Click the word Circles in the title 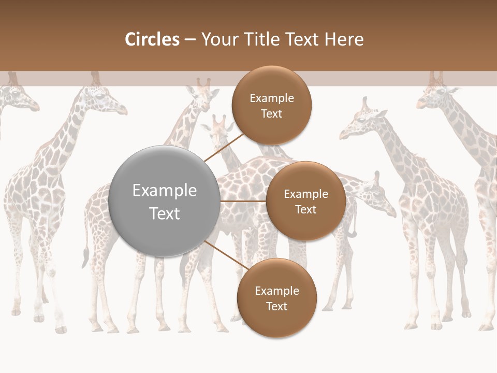[152, 39]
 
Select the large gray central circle [164, 202]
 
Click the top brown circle [271, 105]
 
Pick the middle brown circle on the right [305, 201]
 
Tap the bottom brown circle [276, 298]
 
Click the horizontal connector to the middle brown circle [243, 201]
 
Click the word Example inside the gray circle [164, 191]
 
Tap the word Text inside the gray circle [164, 213]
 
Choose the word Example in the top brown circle [271, 98]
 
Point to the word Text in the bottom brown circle [276, 306]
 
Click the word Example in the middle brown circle [305, 194]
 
